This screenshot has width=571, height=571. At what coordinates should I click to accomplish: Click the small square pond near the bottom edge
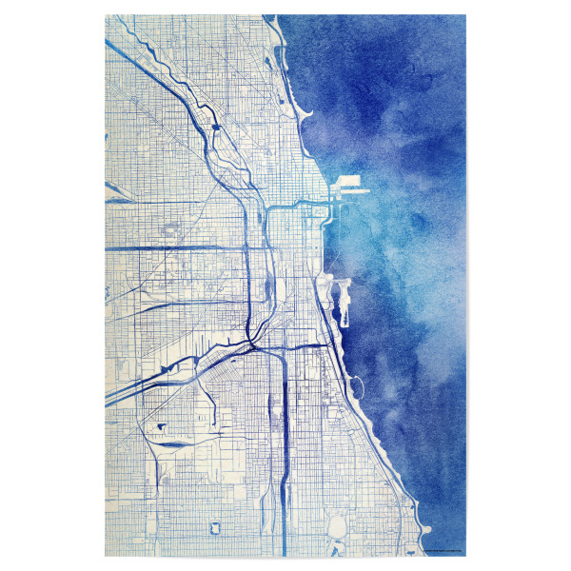[211, 526]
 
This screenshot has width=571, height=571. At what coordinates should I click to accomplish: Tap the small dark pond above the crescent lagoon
[159, 427]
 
